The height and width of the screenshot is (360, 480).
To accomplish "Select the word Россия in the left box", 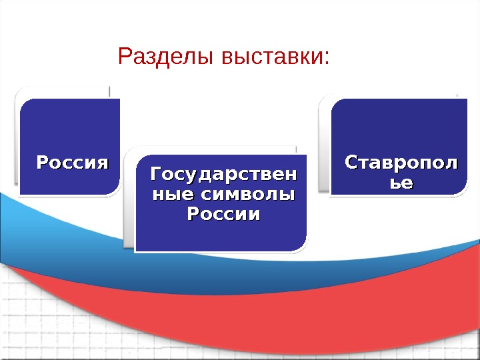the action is point(71,162).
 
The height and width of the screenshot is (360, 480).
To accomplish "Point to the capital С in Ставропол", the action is point(350,162).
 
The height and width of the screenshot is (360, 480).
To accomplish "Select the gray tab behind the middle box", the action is point(129,200).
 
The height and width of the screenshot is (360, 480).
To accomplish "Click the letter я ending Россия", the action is point(101,162).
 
